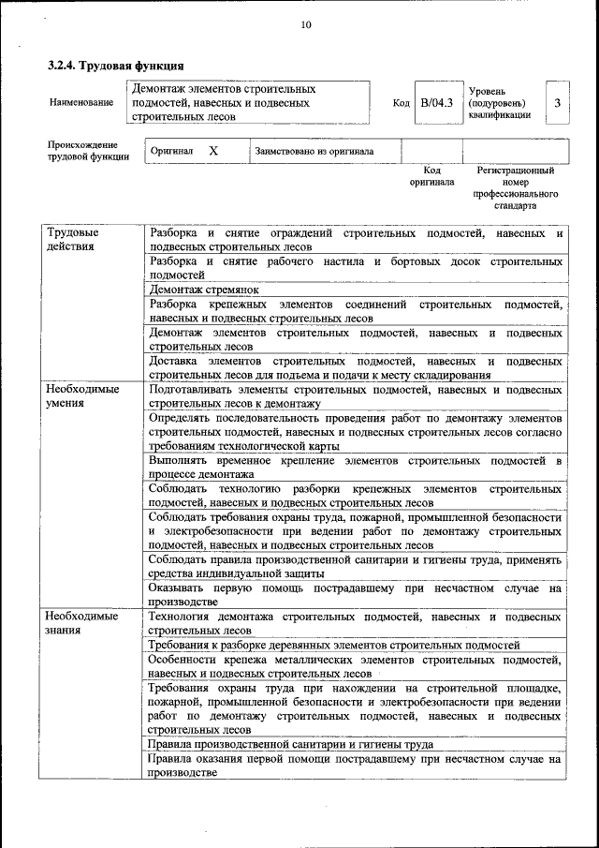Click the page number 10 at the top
coord(306,24)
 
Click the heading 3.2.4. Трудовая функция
coord(115,67)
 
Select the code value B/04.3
coord(436,102)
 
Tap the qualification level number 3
coord(557,102)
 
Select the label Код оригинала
coord(431,176)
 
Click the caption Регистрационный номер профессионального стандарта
coord(515,187)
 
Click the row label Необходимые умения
coord(82,394)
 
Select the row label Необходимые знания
coord(82,623)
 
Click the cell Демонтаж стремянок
coord(205,290)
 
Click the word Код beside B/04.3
coord(401,103)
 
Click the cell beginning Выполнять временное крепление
coord(355,468)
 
